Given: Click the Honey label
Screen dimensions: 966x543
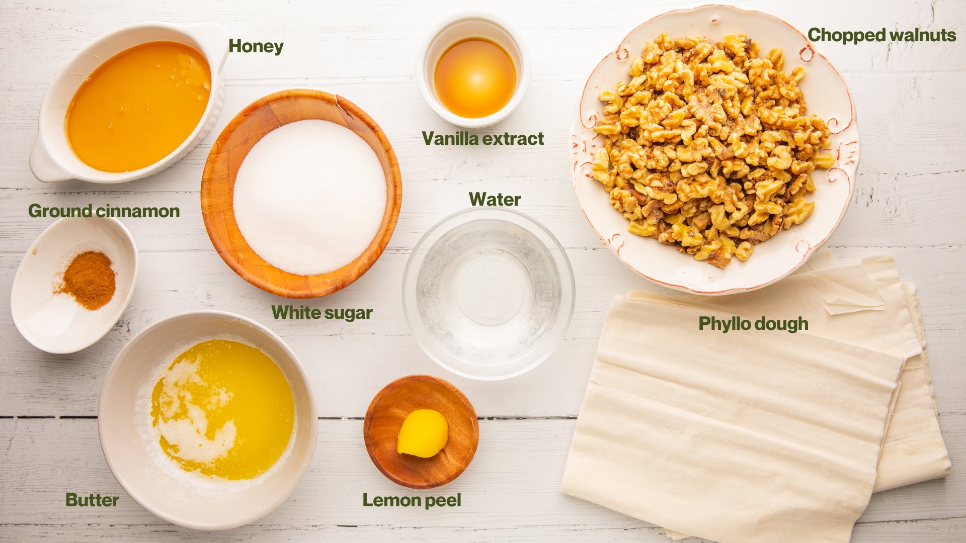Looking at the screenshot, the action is (256, 46).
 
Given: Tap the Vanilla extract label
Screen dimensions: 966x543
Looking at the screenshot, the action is (483, 139).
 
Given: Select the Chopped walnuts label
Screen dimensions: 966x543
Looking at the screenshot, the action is (881, 35).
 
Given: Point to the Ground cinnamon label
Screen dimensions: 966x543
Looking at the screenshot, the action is (104, 211).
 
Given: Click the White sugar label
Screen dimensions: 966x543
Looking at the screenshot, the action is (322, 313).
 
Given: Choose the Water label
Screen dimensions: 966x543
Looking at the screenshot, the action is (495, 199).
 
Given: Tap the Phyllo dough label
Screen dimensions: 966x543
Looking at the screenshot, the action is (753, 324).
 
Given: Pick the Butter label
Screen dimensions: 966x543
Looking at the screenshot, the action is (92, 500).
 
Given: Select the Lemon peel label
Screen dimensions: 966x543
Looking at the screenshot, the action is (412, 501).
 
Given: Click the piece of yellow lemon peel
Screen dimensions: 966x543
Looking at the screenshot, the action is (423, 433).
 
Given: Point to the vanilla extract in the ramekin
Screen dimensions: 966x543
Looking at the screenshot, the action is (475, 78).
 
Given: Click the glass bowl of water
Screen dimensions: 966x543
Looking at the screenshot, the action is (489, 294).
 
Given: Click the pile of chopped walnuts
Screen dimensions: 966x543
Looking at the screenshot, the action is (709, 146).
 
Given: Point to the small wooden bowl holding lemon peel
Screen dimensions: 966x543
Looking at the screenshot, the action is (421, 431).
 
